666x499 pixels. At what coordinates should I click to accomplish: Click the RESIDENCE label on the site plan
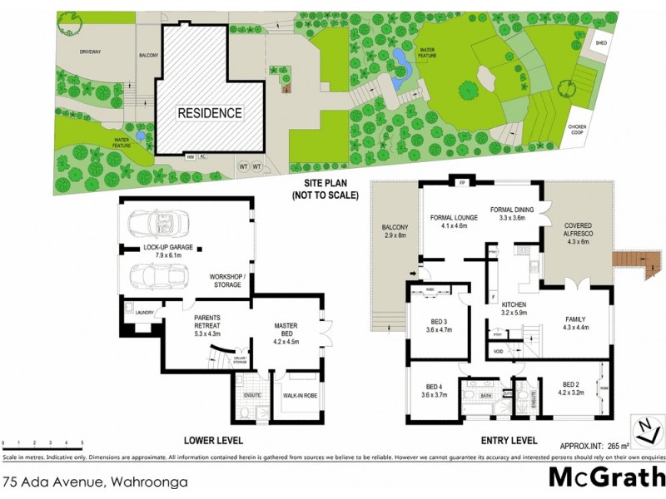coord(209,113)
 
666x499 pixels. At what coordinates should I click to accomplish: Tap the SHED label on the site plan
coord(599,42)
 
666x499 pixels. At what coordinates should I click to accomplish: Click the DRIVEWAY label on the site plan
coord(90,52)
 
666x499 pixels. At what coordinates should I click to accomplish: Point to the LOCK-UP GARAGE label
coord(157,247)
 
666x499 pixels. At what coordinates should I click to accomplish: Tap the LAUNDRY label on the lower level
coord(142,312)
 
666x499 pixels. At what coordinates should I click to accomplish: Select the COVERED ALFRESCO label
coord(578,234)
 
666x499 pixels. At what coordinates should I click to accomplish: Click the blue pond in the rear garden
coord(398,58)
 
